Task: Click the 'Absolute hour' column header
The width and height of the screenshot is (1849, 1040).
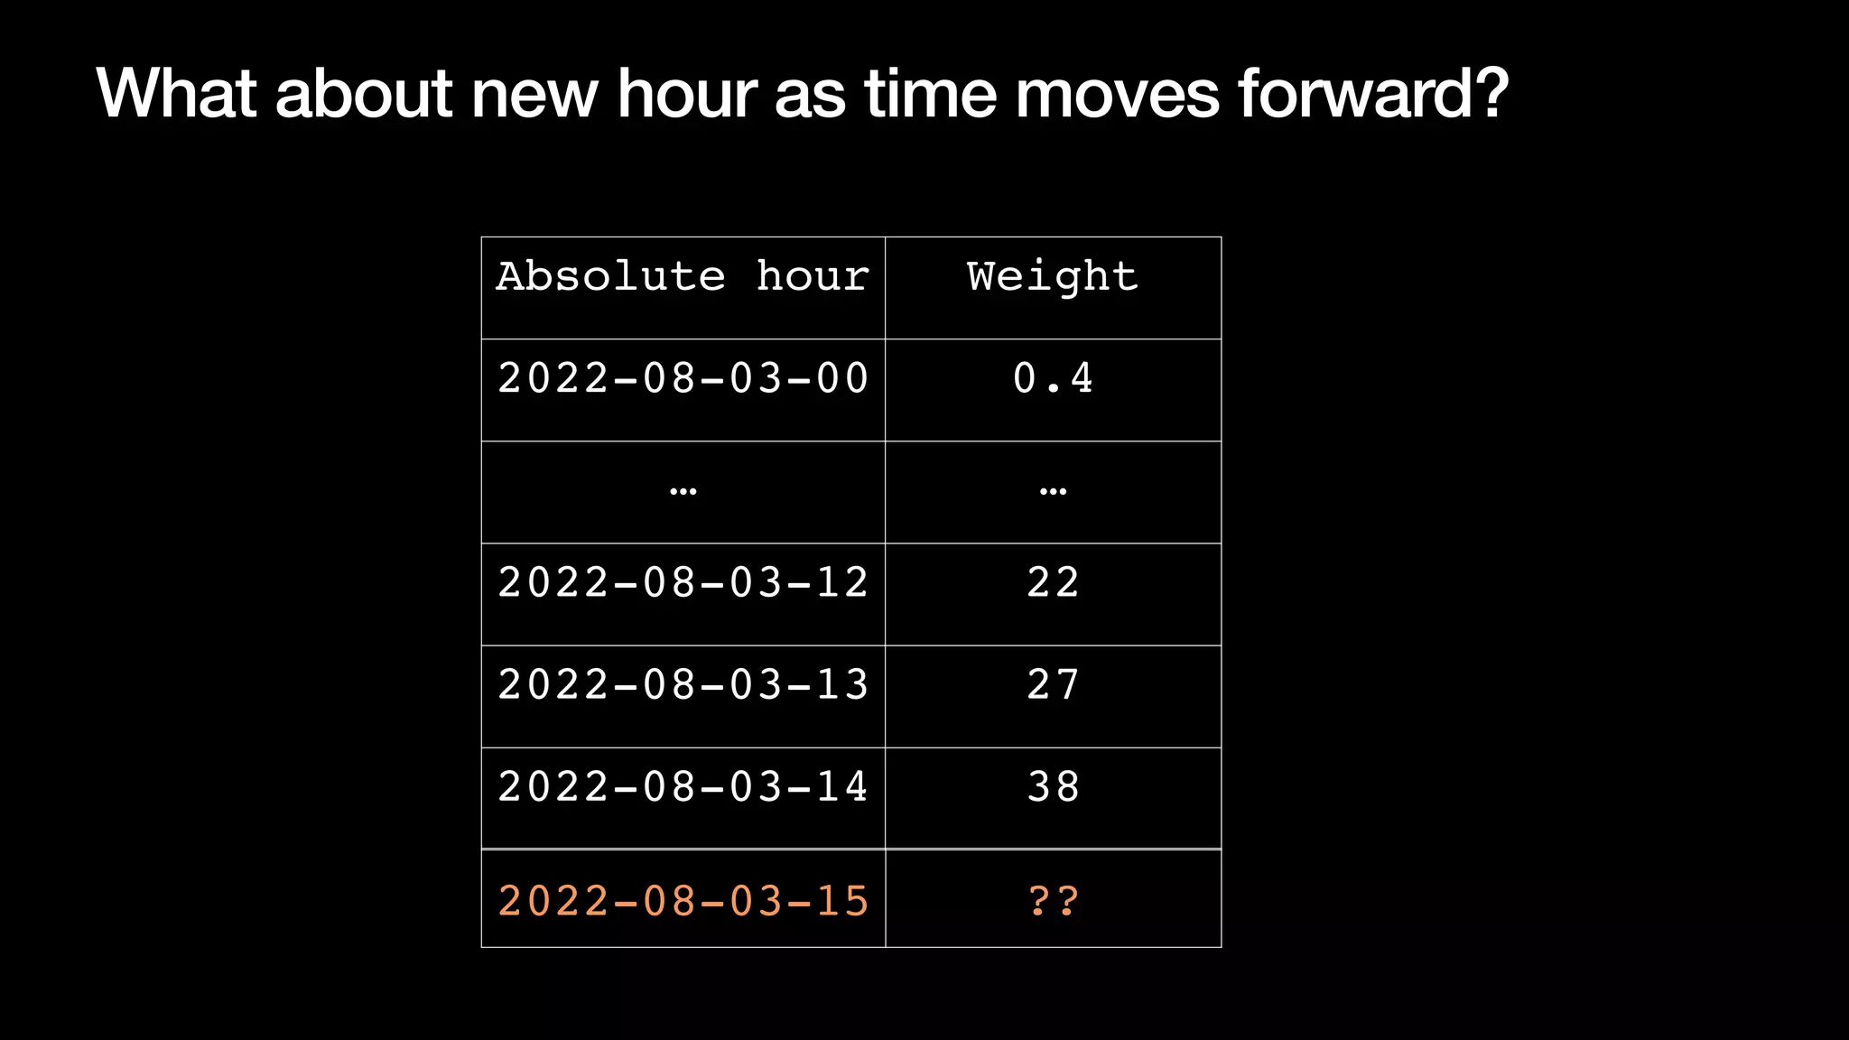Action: (x=683, y=276)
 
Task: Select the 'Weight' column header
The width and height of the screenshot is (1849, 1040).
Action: (x=1053, y=276)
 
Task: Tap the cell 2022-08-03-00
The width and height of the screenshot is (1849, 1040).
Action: (x=683, y=378)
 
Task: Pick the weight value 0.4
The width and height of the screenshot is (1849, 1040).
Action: (x=1053, y=378)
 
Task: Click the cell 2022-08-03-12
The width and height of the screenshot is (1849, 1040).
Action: (x=683, y=582)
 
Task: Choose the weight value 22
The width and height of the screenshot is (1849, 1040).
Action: (x=1053, y=582)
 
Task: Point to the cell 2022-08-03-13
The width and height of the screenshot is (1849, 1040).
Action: (x=683, y=684)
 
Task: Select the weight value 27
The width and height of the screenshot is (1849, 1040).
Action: (x=1053, y=684)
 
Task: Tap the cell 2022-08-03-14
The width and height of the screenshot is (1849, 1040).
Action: (x=683, y=786)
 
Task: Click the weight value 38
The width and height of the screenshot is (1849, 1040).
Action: (x=1053, y=786)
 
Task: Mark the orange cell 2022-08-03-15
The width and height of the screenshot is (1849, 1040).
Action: (x=683, y=901)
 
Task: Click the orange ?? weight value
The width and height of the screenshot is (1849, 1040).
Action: (x=1053, y=901)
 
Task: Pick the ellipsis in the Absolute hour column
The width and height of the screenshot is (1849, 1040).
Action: (x=683, y=492)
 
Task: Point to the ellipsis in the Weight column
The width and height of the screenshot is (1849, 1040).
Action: (x=1053, y=492)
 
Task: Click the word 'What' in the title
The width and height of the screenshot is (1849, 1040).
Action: (x=177, y=93)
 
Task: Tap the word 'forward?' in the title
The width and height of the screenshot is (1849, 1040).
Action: (x=1372, y=93)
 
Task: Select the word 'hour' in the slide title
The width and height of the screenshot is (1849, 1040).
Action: (x=686, y=93)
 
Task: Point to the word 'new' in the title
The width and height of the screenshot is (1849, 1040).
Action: (x=534, y=93)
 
